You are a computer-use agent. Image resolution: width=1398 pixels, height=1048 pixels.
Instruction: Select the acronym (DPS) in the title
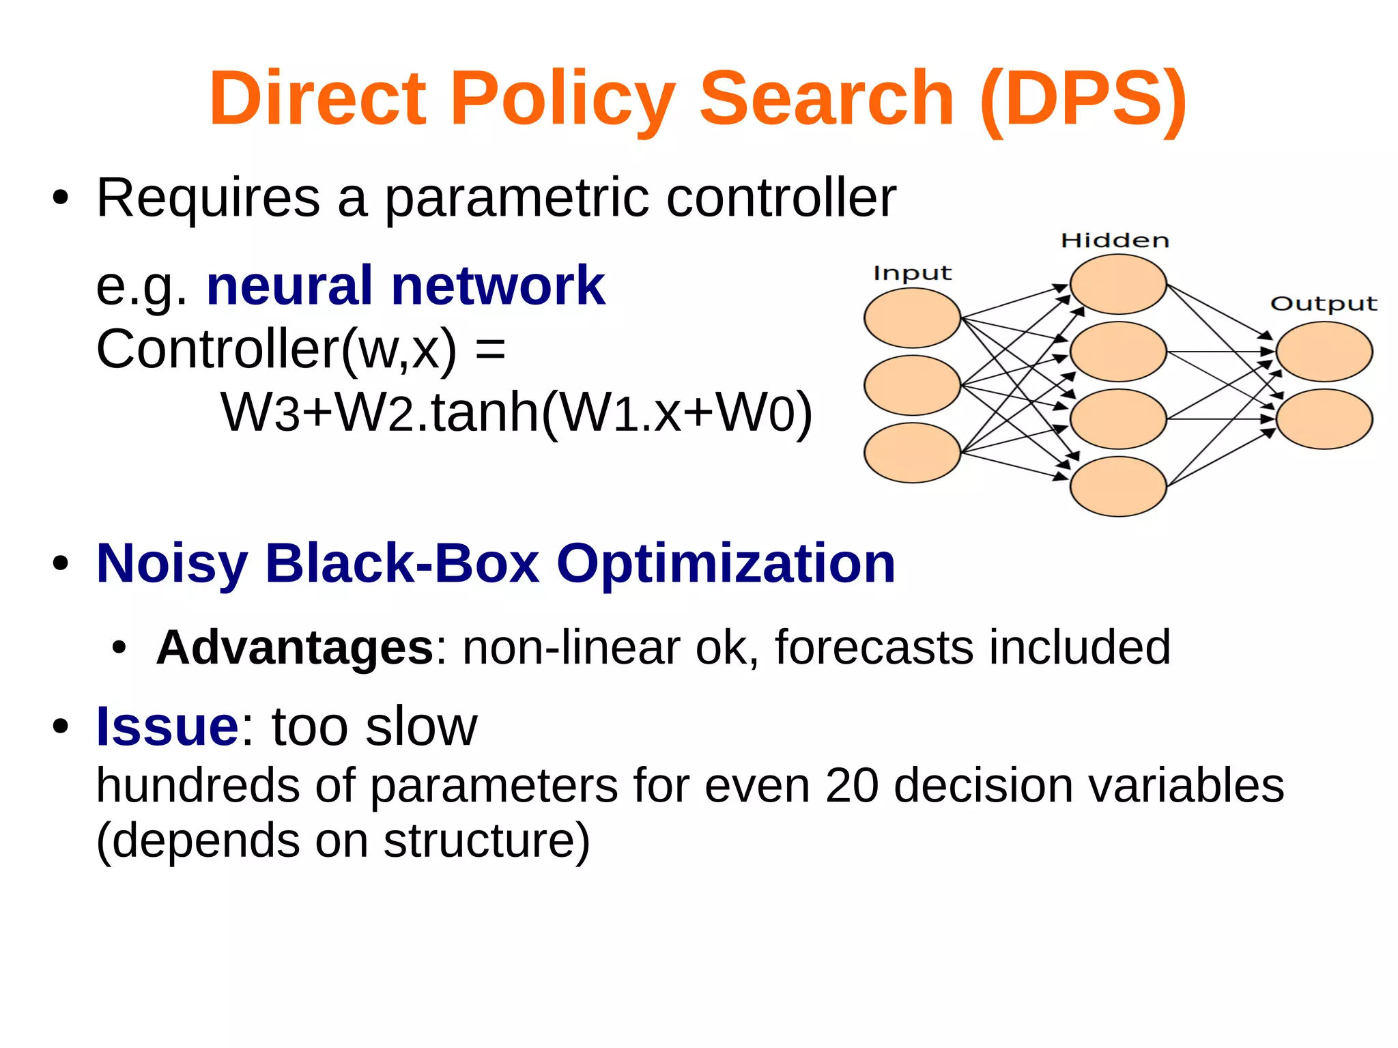tap(1083, 99)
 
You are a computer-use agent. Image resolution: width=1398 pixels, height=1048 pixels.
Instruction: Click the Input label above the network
tap(912, 273)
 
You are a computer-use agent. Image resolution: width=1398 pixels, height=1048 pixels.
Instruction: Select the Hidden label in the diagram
tap(1115, 240)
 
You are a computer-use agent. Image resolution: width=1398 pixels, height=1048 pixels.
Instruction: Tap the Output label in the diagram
tap(1324, 304)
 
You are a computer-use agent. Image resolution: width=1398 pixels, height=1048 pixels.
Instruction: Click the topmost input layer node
tap(912, 317)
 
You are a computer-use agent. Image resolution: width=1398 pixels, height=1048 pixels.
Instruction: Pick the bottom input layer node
tap(912, 453)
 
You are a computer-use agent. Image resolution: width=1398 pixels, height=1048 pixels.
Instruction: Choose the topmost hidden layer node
tap(1117, 284)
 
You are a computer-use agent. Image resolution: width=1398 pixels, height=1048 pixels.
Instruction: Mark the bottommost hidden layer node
tap(1117, 486)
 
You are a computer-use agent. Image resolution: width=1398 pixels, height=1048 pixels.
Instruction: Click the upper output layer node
tap(1324, 352)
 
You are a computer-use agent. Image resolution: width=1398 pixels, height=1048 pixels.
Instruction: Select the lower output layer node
tap(1324, 419)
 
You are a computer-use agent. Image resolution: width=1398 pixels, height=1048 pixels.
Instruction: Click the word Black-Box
tap(403, 564)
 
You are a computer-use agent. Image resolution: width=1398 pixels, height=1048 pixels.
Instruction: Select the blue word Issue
tap(167, 726)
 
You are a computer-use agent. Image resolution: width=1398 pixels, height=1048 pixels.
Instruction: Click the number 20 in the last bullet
tap(851, 785)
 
